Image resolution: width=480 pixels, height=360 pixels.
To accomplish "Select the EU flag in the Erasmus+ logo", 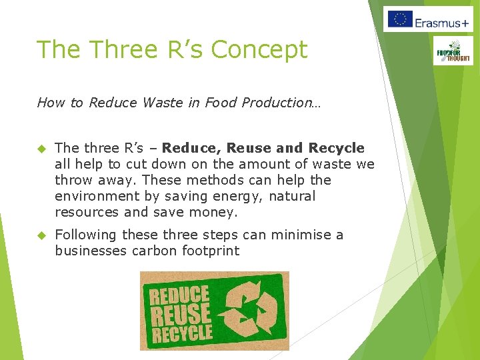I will click(399, 19).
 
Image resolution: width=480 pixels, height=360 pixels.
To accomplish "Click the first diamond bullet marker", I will click(41, 148).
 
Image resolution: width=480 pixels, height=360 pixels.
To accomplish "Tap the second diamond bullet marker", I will click(41, 235).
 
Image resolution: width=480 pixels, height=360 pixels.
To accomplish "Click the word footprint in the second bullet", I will click(207, 251).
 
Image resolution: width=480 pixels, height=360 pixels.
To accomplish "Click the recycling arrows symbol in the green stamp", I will click(250, 311).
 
